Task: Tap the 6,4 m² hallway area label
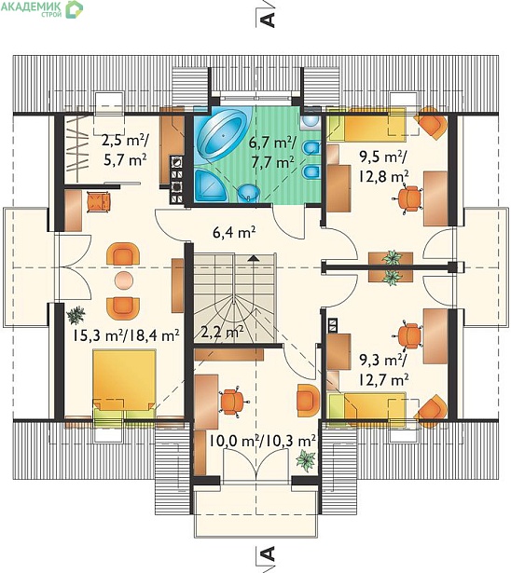[234, 232]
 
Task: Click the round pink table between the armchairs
[124, 280]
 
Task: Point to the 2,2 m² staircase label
[223, 333]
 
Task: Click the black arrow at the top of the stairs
[253, 258]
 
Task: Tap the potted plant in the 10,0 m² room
[306, 461]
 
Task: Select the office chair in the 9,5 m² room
[407, 198]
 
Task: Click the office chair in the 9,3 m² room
[407, 335]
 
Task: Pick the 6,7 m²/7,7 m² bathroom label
[272, 152]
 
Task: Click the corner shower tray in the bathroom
[211, 185]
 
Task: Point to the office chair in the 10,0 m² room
[232, 402]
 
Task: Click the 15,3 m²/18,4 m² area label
[126, 335]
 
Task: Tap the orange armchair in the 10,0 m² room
[309, 400]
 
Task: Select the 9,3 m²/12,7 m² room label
[383, 370]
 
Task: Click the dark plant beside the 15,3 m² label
[76, 315]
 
